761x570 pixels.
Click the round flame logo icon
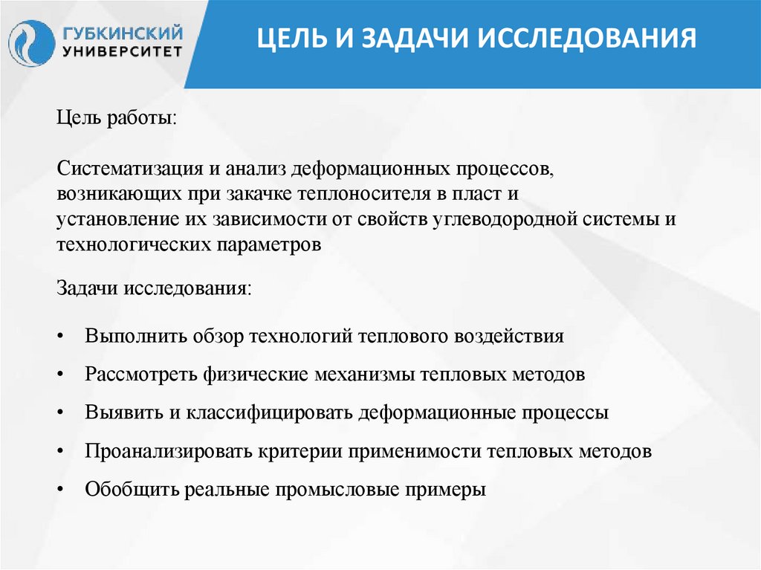(31, 43)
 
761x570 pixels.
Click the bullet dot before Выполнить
(61, 337)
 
